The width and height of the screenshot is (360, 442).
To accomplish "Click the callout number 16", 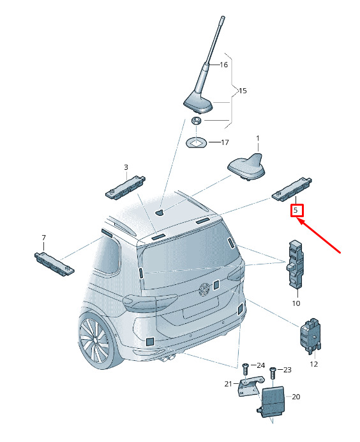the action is (x=223, y=65).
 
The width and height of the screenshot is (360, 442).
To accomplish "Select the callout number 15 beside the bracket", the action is (x=243, y=91).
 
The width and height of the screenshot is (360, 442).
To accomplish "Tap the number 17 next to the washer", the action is (x=225, y=142).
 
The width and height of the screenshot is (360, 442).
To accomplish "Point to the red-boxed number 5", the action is (x=296, y=210).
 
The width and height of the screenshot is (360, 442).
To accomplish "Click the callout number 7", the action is (x=43, y=238).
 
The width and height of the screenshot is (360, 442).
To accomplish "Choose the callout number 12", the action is (x=314, y=364).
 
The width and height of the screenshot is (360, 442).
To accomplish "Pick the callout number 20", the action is (x=296, y=397).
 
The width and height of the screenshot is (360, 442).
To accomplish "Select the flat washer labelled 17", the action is (x=197, y=142).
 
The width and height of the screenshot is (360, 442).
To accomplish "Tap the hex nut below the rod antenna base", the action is (x=196, y=121).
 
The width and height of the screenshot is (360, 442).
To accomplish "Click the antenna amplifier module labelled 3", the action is (x=125, y=187).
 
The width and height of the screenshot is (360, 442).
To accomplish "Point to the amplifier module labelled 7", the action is (x=54, y=264).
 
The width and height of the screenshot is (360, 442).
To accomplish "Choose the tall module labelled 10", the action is (x=295, y=264).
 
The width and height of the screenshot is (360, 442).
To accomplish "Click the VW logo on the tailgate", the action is (x=204, y=289).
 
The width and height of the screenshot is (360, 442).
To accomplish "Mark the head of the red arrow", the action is (x=300, y=220).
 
